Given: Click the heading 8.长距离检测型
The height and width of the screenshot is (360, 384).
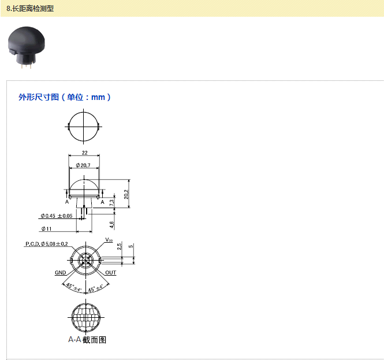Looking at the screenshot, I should [x=29, y=8].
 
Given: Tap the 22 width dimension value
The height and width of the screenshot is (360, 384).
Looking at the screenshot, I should [x=84, y=153].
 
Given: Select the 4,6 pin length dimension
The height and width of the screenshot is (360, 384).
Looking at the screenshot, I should [x=111, y=223].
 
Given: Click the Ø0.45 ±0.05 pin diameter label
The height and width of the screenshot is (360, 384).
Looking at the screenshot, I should [x=56, y=216].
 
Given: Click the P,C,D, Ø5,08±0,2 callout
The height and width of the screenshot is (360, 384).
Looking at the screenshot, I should [x=46, y=244].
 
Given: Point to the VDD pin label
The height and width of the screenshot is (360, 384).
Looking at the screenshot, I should [x=109, y=240].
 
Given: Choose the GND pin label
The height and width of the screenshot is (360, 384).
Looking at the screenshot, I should [x=61, y=272].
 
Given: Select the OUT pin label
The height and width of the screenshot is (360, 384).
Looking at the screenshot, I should [x=110, y=272].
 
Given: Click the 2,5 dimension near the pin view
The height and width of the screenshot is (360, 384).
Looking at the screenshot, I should [x=118, y=247].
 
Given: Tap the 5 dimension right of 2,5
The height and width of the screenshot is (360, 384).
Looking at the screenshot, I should [x=131, y=247].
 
